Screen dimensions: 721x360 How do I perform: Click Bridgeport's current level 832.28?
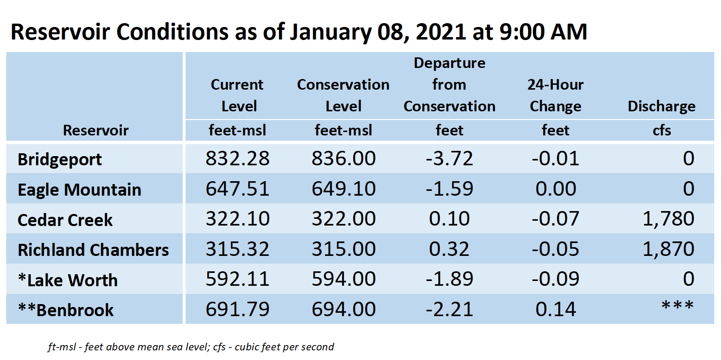(238, 159)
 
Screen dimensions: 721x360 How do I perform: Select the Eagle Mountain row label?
(80, 189)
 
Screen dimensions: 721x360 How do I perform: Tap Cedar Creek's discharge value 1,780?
(668, 219)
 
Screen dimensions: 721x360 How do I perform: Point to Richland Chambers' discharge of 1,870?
(668, 249)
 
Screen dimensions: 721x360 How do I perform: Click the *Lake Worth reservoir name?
(68, 280)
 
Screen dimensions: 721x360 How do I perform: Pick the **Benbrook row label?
(66, 310)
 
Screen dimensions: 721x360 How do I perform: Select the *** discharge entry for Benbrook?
(677, 306)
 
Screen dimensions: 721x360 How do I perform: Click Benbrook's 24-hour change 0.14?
(556, 309)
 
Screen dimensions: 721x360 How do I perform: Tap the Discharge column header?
(661, 107)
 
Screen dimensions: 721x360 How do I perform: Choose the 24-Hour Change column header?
(556, 95)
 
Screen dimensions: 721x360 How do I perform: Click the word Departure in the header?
(449, 63)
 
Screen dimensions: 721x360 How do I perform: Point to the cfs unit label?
(662, 131)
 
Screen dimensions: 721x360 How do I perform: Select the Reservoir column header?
(95, 131)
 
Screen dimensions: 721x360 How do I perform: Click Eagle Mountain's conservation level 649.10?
(344, 189)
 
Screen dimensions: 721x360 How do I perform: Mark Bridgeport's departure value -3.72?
(449, 159)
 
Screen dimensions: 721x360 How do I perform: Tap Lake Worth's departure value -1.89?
(449, 279)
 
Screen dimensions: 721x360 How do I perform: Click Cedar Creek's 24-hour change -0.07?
(556, 219)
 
